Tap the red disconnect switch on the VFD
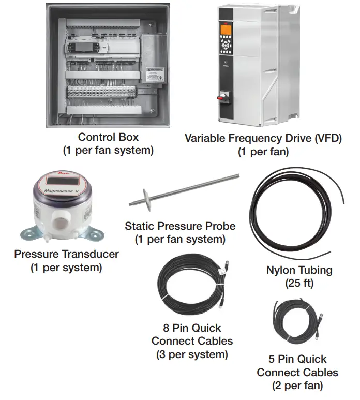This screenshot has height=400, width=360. (x=226, y=96)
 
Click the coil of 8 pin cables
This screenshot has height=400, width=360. (x=190, y=287)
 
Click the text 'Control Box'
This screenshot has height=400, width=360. (x=108, y=137)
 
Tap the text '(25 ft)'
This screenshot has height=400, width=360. (x=299, y=283)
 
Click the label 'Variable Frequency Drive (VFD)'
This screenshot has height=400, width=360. (x=263, y=138)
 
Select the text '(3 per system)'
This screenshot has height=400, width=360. (x=191, y=354)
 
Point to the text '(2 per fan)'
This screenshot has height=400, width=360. (x=297, y=386)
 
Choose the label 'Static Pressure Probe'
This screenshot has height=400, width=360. (x=180, y=226)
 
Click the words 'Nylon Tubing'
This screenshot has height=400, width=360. (x=299, y=270)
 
